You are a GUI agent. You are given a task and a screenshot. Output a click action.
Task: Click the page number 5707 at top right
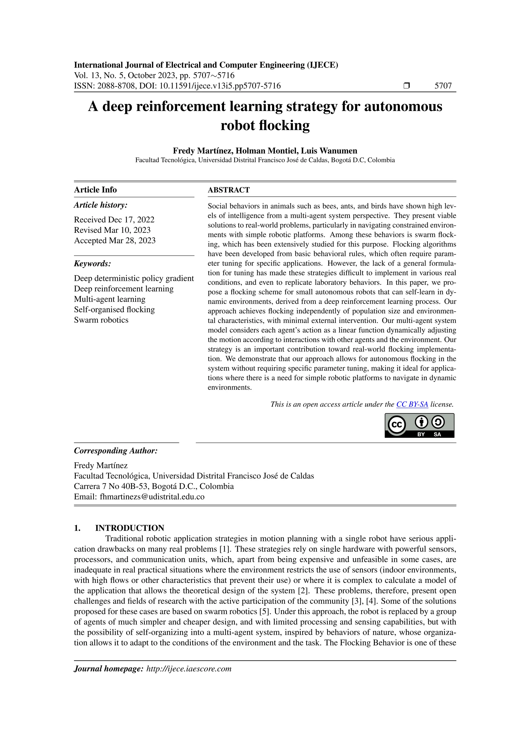(443, 86)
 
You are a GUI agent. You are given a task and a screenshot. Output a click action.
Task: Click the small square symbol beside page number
(406, 86)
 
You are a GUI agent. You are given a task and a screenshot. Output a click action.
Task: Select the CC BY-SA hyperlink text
(412, 404)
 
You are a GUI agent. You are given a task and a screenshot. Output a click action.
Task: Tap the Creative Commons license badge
(419, 425)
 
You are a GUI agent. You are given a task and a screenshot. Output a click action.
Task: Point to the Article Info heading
(95, 190)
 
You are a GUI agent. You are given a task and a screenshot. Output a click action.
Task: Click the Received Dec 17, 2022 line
(114, 220)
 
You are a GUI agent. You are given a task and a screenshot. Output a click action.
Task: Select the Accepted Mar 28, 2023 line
(115, 240)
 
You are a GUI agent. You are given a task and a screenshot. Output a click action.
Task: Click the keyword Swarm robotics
(101, 320)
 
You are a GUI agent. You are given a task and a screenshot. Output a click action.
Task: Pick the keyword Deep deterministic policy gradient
(134, 278)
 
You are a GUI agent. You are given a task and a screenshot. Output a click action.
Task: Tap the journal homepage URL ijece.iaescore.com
(189, 669)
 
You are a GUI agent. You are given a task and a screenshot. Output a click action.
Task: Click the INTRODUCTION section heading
(129, 528)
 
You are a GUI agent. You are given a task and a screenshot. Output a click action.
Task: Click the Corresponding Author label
(116, 451)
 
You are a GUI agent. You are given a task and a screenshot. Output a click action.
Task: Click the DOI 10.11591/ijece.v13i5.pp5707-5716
(220, 86)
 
